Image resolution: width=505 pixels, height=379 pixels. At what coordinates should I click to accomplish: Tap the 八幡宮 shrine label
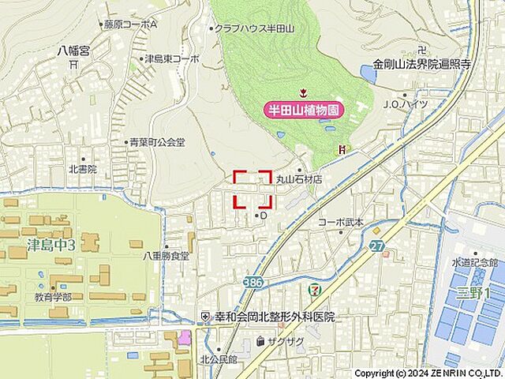(73, 51)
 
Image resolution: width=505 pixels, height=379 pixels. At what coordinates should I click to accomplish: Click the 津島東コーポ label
(171, 58)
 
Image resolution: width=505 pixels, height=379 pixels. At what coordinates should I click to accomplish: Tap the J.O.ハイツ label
(406, 103)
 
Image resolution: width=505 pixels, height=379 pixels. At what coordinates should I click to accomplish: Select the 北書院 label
(82, 169)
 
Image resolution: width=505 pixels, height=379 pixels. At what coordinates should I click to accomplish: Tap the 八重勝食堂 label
(166, 256)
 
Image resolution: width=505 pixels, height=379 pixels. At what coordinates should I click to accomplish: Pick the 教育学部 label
(52, 297)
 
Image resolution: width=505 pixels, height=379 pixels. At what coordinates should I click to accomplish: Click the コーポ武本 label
(341, 223)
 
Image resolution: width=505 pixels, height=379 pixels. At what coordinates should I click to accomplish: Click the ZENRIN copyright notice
(427, 373)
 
